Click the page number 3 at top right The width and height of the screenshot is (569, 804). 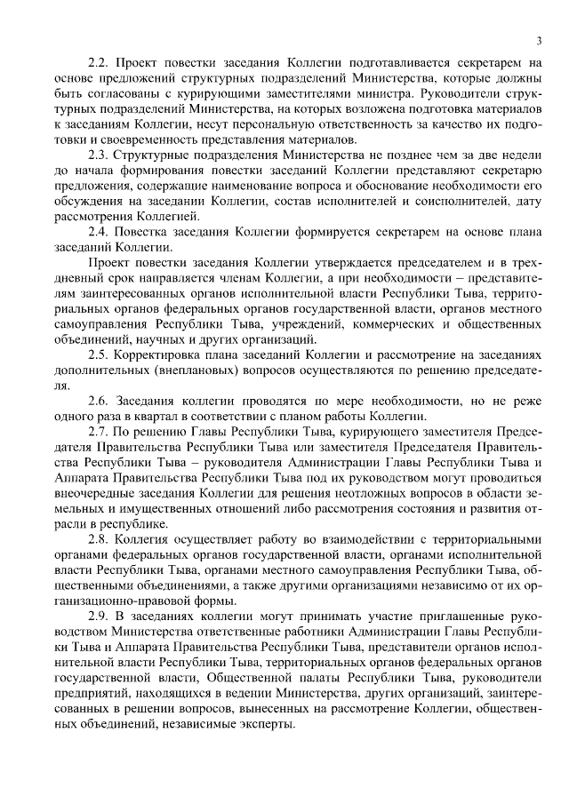coord(539,41)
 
